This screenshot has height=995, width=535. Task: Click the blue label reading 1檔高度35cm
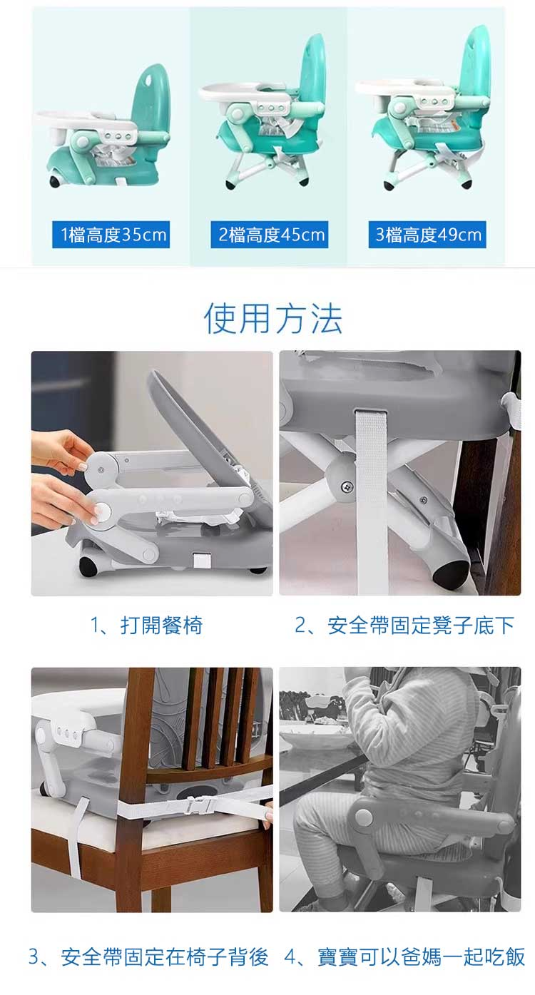(x=111, y=234)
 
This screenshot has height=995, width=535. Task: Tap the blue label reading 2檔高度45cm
(x=269, y=234)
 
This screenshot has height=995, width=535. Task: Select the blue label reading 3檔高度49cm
(x=427, y=234)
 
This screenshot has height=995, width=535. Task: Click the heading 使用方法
(x=272, y=319)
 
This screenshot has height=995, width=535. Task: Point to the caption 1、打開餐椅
(x=147, y=626)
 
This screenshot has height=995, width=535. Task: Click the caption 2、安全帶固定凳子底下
(x=404, y=626)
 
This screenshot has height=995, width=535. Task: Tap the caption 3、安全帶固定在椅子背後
(x=148, y=956)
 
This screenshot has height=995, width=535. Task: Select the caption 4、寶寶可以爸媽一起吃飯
(x=404, y=956)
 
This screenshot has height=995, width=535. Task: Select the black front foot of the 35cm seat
(x=56, y=180)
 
